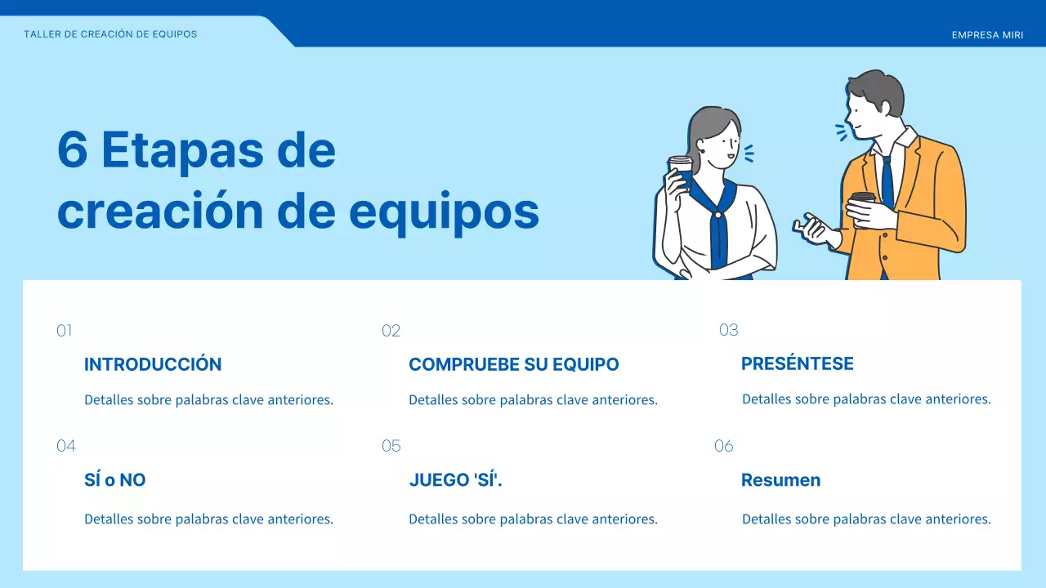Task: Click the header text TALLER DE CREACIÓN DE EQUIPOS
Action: [x=110, y=34]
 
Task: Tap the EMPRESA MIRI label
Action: [x=987, y=35]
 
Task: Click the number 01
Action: [x=65, y=331]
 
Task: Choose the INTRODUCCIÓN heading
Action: [x=153, y=364]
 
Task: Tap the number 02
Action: [x=391, y=331]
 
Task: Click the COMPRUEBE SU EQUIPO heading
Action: [x=513, y=364]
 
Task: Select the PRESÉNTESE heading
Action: [x=797, y=363]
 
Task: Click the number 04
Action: [x=66, y=446]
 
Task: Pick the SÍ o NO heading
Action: [x=115, y=480]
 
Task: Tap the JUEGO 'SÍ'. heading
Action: [x=455, y=480]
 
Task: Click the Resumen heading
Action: [x=780, y=480]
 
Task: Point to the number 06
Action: [x=724, y=446]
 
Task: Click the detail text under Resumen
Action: [x=866, y=519]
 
